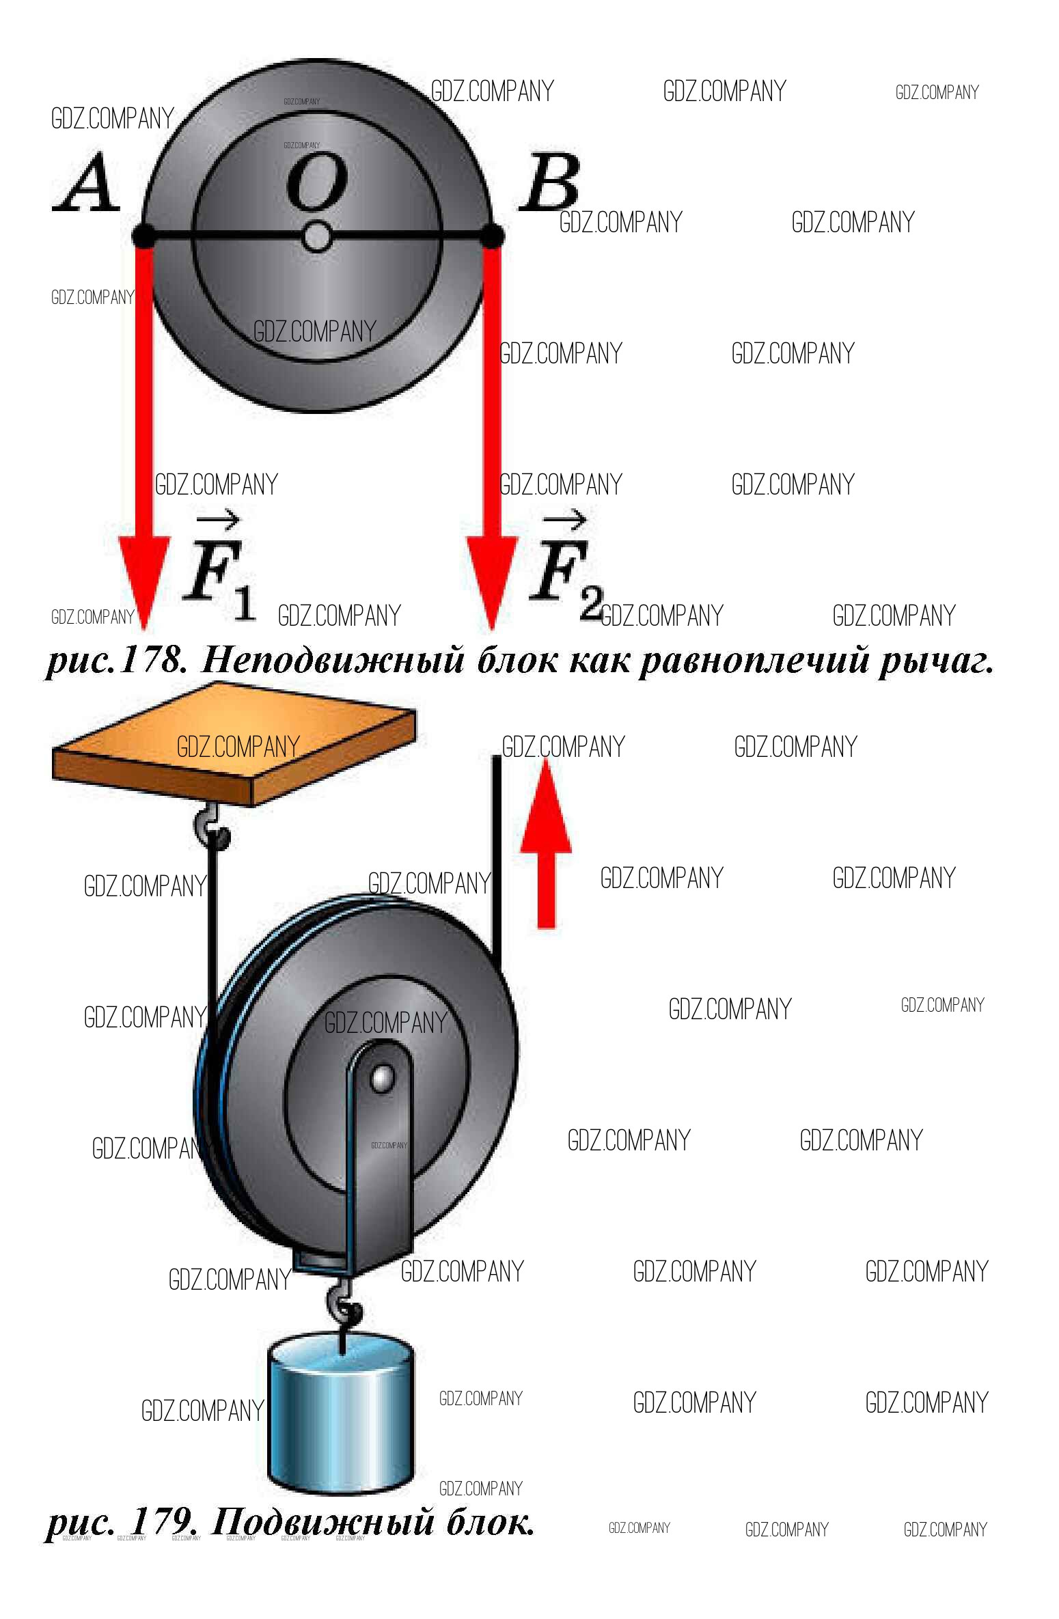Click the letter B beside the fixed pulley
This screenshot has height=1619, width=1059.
[550, 182]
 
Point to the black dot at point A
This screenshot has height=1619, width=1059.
[143, 236]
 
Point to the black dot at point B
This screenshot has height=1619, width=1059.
[492, 236]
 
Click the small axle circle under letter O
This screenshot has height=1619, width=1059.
[317, 237]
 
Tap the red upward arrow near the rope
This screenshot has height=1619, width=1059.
[546, 843]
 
